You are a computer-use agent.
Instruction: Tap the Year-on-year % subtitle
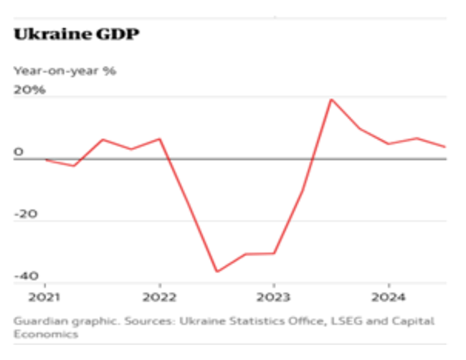(65, 70)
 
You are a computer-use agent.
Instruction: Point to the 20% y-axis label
(29, 90)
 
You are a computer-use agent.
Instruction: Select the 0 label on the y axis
(19, 151)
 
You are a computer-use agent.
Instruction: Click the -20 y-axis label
(27, 214)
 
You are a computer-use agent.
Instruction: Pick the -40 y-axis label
(27, 276)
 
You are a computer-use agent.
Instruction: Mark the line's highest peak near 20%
(331, 99)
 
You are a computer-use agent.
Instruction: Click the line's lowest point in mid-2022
(217, 272)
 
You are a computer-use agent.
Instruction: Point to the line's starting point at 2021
(45, 159)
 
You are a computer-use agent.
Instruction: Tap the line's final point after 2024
(445, 147)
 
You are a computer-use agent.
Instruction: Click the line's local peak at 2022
(159, 138)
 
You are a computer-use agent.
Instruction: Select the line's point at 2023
(273, 253)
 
